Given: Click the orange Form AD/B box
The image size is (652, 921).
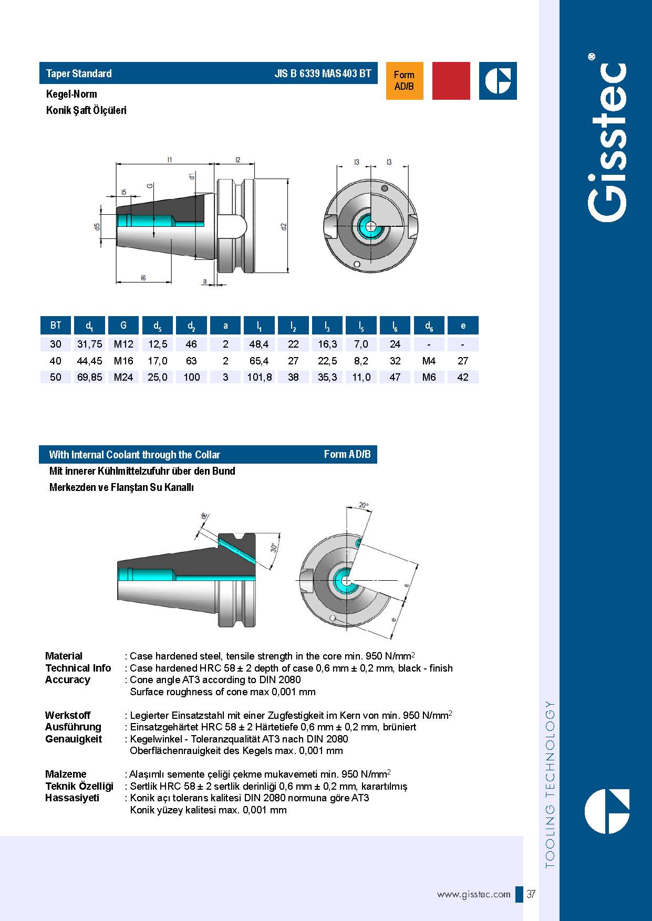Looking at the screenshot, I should coord(404,81).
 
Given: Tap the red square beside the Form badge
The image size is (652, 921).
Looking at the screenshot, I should coord(451,81).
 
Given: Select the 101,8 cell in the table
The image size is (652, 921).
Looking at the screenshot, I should coord(260,377).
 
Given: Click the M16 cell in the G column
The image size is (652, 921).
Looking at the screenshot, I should coord(123,361).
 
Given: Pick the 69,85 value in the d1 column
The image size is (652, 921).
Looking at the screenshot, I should coord(89,377).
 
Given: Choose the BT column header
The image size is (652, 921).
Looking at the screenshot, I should coord(56,326).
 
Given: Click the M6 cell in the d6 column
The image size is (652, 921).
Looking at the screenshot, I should coord(429,377).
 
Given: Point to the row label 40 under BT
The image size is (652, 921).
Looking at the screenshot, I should coord(55,361).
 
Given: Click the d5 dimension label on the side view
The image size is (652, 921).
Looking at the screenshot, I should coord(97,227).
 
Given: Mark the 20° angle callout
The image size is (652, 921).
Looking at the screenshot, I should coord(364,506).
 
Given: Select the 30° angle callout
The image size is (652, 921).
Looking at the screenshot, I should coord(274,548).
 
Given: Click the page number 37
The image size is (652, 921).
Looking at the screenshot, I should coord(531,894).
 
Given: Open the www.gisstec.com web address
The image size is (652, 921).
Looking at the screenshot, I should coord(473,894).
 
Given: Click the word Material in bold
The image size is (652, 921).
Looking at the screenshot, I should coord(64,656).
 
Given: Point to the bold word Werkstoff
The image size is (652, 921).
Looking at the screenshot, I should coord(67,715).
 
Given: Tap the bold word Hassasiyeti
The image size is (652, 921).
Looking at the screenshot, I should coord(72,798).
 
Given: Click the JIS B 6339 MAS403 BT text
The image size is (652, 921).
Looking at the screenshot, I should coord(323,74).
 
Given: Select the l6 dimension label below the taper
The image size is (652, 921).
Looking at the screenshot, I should coord(143,278).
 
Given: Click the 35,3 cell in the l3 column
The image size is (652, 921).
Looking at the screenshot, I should coord(327,377).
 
